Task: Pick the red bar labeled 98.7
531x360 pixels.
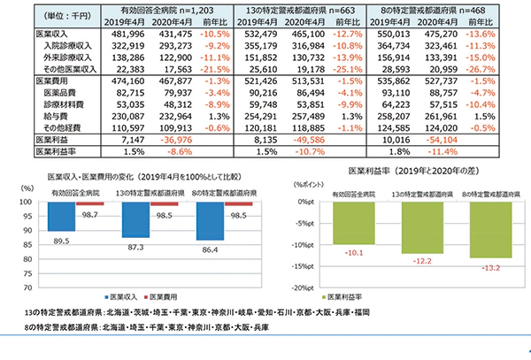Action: (x=88, y=204)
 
